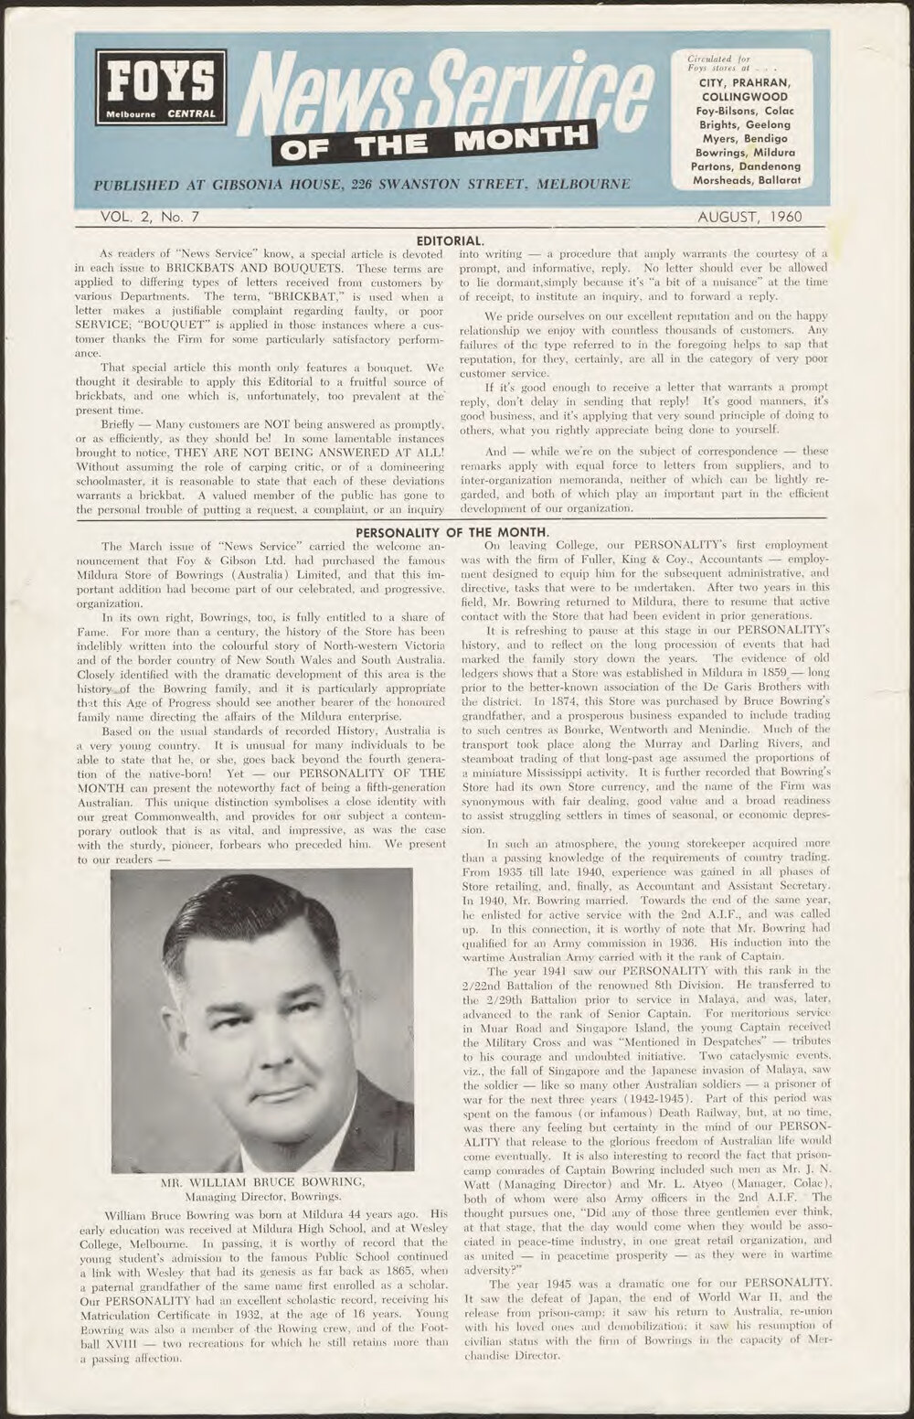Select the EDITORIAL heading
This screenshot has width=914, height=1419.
(x=443, y=238)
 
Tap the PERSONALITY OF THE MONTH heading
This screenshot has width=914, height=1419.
(x=452, y=531)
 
